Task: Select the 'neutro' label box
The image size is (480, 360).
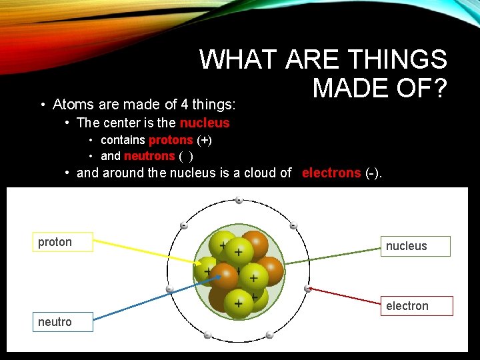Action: (x=63, y=322)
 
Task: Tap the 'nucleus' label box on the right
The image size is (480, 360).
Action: (x=415, y=246)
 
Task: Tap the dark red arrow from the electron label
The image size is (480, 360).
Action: (x=347, y=297)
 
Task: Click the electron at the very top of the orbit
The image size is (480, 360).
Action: (x=239, y=200)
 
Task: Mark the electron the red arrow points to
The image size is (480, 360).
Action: (x=307, y=289)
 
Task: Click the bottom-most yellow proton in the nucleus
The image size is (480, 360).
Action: (x=238, y=304)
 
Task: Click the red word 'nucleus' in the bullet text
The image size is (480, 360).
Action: (x=204, y=123)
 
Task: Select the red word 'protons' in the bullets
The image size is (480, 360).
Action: (x=170, y=140)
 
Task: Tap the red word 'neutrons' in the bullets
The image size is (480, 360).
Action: (x=149, y=156)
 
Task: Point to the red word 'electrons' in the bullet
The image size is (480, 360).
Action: (x=331, y=173)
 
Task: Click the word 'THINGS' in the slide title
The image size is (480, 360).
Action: (x=401, y=61)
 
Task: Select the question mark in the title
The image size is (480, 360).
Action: (x=437, y=88)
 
